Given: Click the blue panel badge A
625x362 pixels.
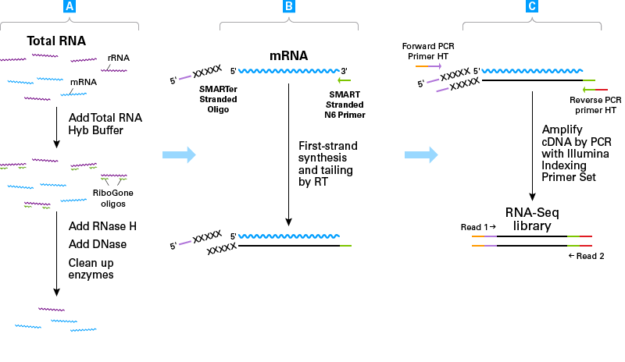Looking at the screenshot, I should [x=70, y=7].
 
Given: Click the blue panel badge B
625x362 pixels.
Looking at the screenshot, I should [x=288, y=7].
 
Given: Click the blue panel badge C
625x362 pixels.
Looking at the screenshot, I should [x=532, y=7].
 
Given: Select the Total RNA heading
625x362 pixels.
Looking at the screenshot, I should [x=56, y=41].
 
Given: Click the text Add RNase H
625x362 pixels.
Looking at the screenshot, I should [x=102, y=226].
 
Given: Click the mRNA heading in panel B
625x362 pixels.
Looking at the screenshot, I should [x=289, y=56].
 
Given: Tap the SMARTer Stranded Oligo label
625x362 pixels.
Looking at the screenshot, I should [x=218, y=100].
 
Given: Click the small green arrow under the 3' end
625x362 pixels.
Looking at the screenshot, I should [x=345, y=80].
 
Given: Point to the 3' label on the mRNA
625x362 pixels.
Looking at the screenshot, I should [x=345, y=69].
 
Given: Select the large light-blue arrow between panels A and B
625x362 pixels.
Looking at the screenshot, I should [x=178, y=154].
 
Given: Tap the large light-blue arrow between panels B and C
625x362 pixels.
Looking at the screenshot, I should [x=421, y=154].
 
